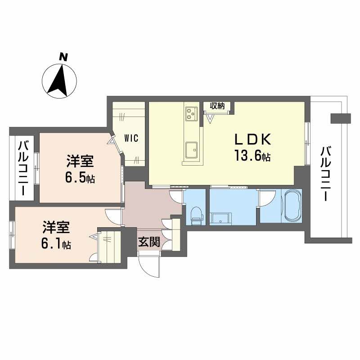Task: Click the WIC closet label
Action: (x=132, y=138)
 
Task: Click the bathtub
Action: (x=291, y=206)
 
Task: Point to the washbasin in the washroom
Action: (x=221, y=218)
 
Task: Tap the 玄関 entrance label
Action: (x=148, y=242)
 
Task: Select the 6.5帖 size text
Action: (x=80, y=177)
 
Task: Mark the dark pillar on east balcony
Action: (x=340, y=118)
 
